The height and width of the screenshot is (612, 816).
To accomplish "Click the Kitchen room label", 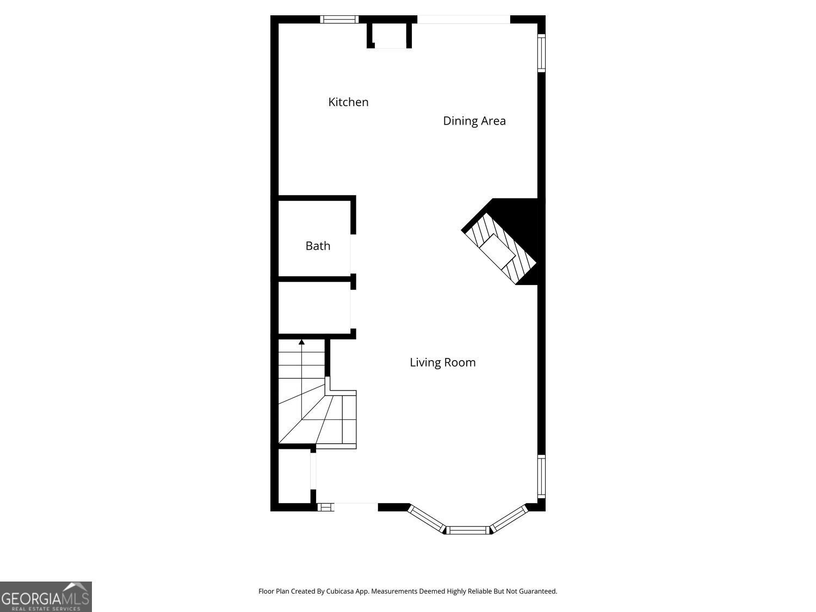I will (348, 102).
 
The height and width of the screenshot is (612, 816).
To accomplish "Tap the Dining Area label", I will (474, 121).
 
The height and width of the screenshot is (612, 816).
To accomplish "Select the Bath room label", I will (318, 246).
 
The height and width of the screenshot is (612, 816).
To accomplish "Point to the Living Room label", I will (442, 362).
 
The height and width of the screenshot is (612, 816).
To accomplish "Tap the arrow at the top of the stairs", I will (301, 342).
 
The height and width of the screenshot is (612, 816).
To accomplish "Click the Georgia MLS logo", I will (46, 597).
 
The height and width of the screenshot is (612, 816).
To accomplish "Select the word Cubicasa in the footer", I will (338, 591).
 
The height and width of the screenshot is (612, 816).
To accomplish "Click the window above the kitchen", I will (339, 19).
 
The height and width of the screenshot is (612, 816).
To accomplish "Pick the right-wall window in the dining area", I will (541, 53).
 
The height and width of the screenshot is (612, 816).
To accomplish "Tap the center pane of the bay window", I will (468, 529).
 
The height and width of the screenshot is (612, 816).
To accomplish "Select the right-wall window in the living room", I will (541, 477).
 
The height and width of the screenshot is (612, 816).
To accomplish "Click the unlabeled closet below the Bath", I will (314, 308).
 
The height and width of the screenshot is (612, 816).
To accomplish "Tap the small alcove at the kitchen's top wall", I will (389, 36).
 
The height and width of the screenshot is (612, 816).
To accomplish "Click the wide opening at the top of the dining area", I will (463, 20).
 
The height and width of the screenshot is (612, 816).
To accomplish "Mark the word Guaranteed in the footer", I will (537, 591).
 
